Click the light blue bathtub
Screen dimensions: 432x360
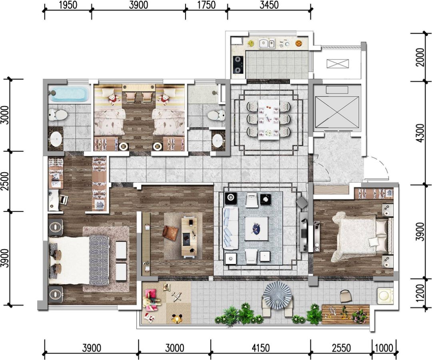[x=69, y=94]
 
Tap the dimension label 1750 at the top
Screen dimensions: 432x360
[x=206, y=5]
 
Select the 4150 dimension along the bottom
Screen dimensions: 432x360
[x=260, y=348]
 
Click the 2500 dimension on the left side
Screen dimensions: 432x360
[x=5, y=181]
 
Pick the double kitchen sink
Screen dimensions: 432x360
[x=267, y=43]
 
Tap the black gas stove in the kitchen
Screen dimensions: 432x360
[x=238, y=65]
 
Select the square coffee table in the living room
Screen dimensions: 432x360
[x=256, y=229]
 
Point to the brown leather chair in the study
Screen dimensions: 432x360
[x=171, y=233]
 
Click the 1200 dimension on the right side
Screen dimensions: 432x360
[x=420, y=292]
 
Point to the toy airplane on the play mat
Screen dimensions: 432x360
[x=176, y=296]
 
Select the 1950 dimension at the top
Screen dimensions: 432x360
[x=68, y=5]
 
